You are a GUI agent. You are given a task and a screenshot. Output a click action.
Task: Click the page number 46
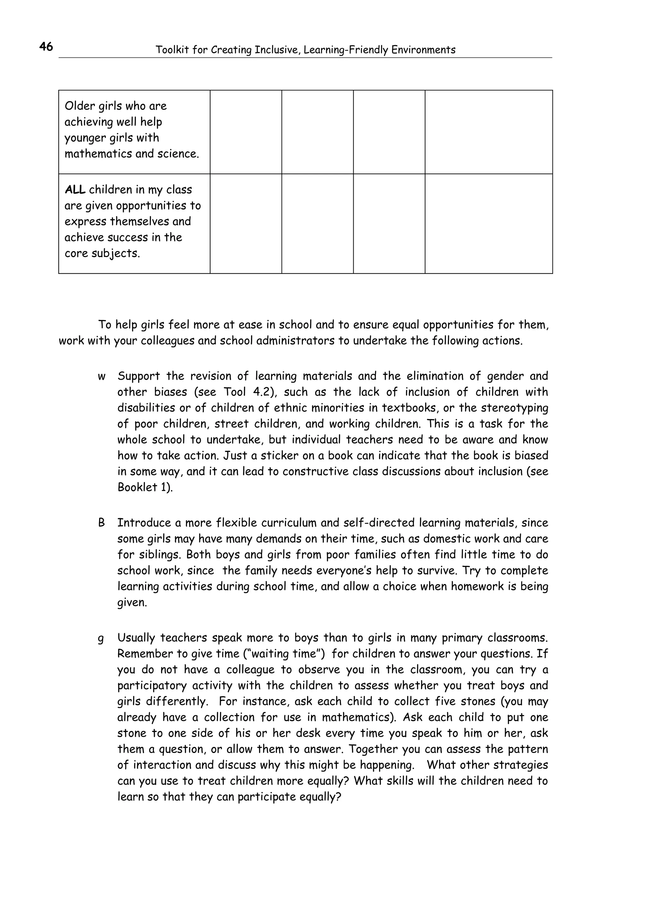(x=46, y=47)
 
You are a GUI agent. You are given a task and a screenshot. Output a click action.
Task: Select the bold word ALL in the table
(x=75, y=190)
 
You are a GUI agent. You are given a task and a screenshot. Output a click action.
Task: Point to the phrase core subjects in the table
(x=102, y=253)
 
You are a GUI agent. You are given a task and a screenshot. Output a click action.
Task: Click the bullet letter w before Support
(x=102, y=376)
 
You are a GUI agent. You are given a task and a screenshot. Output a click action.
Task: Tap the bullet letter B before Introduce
(x=102, y=523)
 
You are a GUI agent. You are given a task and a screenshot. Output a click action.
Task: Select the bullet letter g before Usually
(x=101, y=638)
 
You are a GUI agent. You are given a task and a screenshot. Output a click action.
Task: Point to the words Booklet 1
(x=144, y=487)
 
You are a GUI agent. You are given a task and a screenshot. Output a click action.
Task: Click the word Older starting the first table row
(x=79, y=106)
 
